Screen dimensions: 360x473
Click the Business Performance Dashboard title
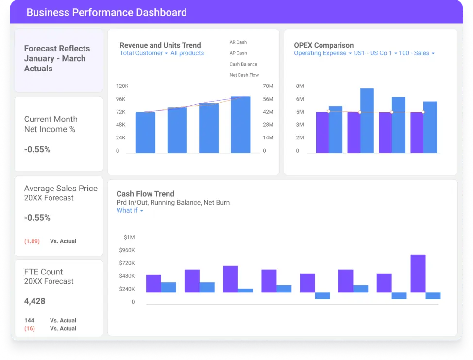point(106,13)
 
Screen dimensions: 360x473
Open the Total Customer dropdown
point(143,53)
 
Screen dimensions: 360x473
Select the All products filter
point(187,53)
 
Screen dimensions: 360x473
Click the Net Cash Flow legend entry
point(244,75)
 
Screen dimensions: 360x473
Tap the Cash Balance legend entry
point(243,64)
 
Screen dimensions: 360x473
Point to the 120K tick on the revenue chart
point(122,86)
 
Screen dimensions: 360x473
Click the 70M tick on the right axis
point(268,86)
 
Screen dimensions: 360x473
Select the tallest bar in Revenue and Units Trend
point(240,124)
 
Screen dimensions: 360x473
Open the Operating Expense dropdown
point(322,53)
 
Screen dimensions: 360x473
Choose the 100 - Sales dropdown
point(416,53)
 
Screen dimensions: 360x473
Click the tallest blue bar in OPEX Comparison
point(367,120)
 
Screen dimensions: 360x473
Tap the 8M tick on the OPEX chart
point(300,86)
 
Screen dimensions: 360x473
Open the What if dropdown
point(130,211)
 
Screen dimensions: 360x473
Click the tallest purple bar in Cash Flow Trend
point(418,274)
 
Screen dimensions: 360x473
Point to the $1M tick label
point(129,237)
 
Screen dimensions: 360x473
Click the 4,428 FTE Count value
point(34,301)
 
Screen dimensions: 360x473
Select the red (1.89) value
point(32,241)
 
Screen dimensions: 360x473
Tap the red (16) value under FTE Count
point(30,329)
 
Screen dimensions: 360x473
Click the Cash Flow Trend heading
point(145,194)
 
